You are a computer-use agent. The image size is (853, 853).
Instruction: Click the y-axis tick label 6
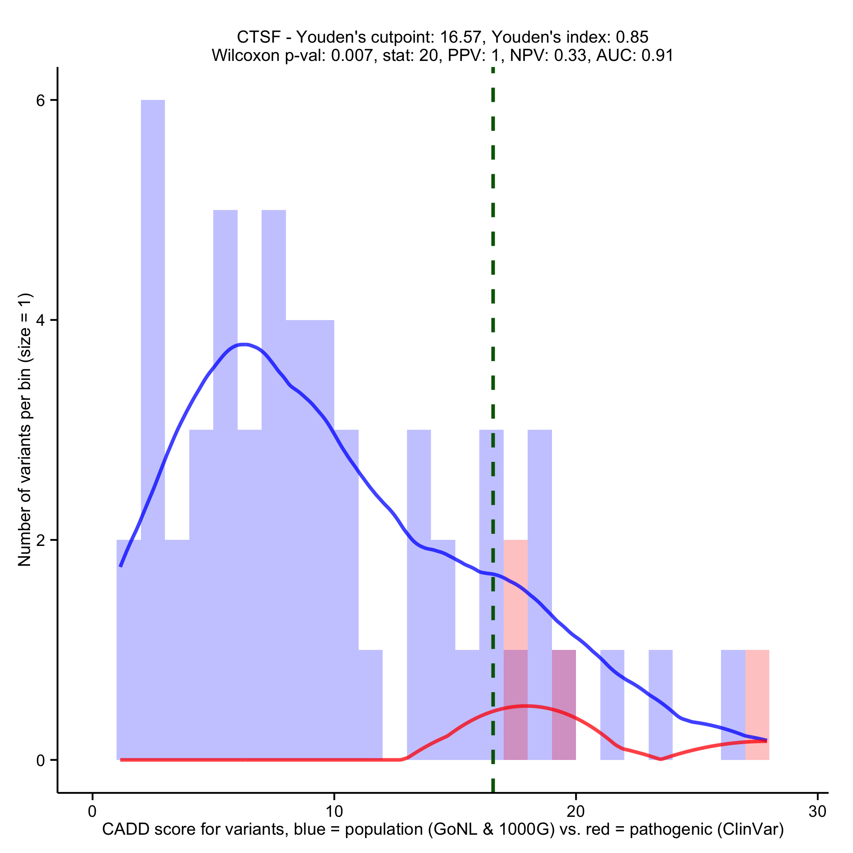[41, 101]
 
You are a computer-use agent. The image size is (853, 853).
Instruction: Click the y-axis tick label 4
[41, 320]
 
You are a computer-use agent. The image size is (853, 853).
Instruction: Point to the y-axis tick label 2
[41, 540]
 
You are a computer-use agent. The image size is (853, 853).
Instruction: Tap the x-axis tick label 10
[334, 812]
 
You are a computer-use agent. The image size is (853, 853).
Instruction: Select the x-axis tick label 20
[575, 812]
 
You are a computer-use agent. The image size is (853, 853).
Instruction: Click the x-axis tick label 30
[817, 812]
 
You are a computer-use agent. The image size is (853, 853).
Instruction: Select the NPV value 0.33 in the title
[573, 56]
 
